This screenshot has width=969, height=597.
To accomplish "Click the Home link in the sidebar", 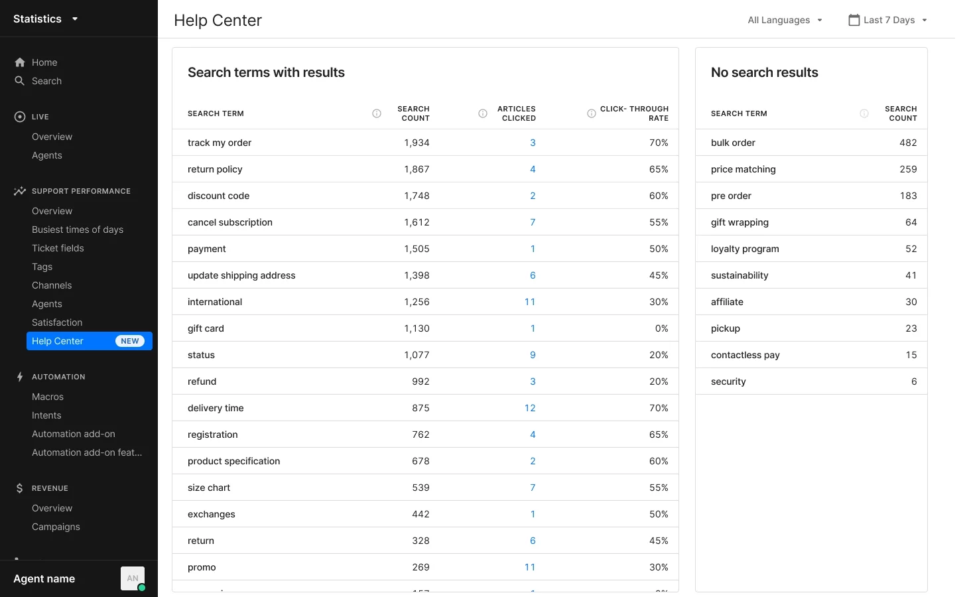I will (x=44, y=62).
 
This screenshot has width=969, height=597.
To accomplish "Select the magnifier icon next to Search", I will (x=20, y=81).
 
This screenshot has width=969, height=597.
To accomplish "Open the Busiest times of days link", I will (x=78, y=230).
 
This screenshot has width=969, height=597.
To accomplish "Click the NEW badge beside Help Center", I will (x=130, y=341).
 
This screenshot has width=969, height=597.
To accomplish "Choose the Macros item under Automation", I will (x=48, y=397).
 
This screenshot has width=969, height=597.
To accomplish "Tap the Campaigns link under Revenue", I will (x=56, y=527).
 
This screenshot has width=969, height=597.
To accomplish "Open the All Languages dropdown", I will (x=785, y=20).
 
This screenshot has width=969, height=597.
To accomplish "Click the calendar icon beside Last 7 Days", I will (x=854, y=20).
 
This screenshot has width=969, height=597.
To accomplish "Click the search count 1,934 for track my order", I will (x=417, y=143).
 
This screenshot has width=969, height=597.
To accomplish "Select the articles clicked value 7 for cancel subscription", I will (x=533, y=222).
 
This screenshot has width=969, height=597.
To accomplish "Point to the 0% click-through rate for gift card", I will (x=661, y=328).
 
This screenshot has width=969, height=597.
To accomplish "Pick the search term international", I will (x=215, y=302).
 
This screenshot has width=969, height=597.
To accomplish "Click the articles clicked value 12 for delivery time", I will (x=530, y=408).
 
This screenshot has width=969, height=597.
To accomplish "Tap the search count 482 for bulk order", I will (x=908, y=143).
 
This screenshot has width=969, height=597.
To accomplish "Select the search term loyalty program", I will (x=745, y=249).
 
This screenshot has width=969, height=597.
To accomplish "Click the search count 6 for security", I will (x=914, y=381).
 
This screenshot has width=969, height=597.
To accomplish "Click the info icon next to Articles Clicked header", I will (x=483, y=113).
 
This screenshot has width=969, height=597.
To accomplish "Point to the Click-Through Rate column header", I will (x=634, y=113).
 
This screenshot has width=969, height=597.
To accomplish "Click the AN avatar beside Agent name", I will (x=133, y=578).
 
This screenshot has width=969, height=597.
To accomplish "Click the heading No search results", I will (x=764, y=72).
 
